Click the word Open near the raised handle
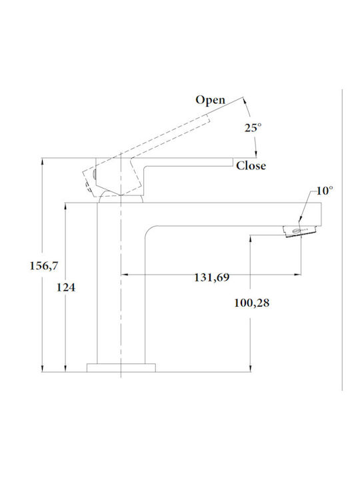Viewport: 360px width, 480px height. click(x=210, y=101)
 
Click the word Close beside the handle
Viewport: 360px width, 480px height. click(x=251, y=165)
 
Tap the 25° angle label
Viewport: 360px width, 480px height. click(x=253, y=127)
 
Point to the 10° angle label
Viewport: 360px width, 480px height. click(x=325, y=191)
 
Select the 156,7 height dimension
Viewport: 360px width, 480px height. click(x=43, y=266)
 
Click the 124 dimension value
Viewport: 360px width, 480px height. click(x=65, y=287)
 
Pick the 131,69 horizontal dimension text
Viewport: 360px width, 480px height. click(x=211, y=277)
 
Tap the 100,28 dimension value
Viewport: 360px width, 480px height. click(x=251, y=303)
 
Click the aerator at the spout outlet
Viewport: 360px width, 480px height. click(x=300, y=231)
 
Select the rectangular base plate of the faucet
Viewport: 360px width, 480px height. click(x=121, y=367)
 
